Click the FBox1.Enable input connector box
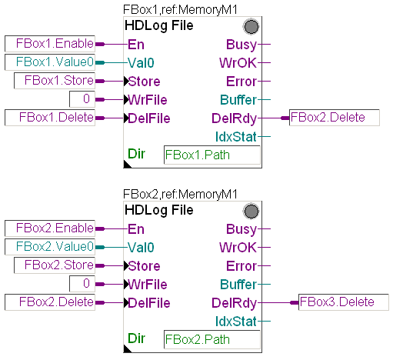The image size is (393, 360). [x=50, y=44]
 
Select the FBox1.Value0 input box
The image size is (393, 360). [x=50, y=62]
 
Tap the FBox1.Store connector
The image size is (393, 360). [x=55, y=81]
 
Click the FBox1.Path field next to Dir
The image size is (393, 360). [x=212, y=155]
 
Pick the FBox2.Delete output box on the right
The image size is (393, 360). [x=335, y=118]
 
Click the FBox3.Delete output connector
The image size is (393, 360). [x=344, y=302]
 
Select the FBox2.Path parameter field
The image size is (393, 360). [x=212, y=339]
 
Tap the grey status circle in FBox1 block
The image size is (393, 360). [x=251, y=27]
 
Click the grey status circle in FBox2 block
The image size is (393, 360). [x=251, y=212]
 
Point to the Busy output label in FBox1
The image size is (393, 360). [x=241, y=45]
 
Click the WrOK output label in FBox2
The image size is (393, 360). [x=238, y=248]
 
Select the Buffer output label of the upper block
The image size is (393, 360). [x=238, y=100]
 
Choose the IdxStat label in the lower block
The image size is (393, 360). [x=236, y=322]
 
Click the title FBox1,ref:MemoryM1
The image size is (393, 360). [x=180, y=10]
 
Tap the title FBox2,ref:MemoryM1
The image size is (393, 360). [x=180, y=194]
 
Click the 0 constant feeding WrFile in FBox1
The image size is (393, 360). [x=82, y=99]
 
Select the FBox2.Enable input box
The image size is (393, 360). [x=50, y=228]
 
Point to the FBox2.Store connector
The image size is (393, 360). [x=55, y=265]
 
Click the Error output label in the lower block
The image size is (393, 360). [x=241, y=266]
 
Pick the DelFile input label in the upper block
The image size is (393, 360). [x=149, y=118]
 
